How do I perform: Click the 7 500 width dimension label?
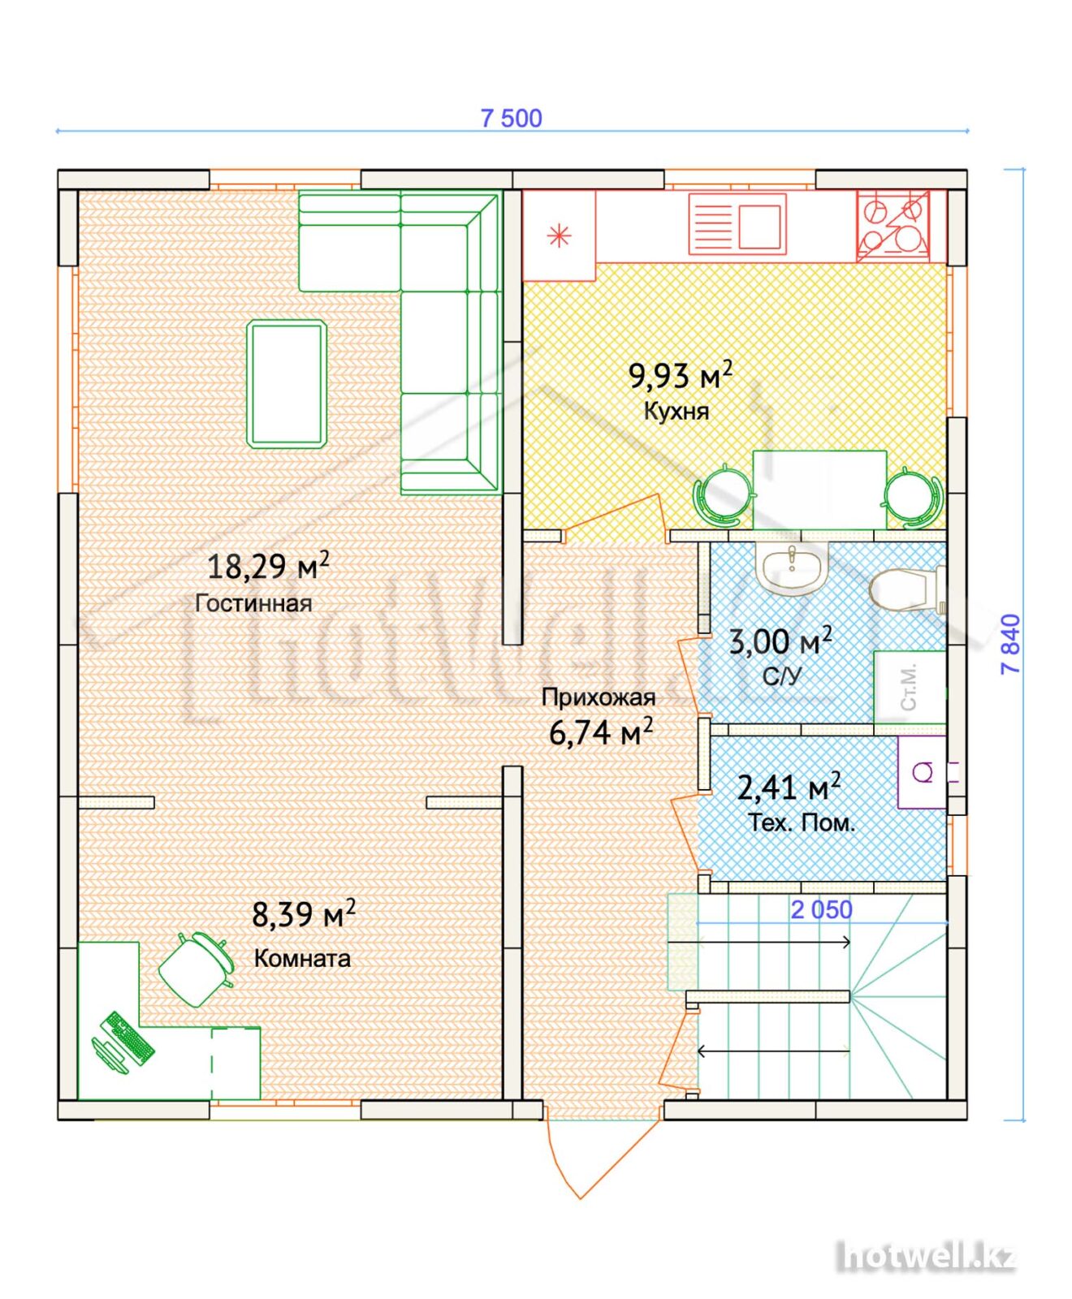(511, 119)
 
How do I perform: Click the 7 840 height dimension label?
(1011, 644)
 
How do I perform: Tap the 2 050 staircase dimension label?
(822, 910)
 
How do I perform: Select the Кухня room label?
(676, 411)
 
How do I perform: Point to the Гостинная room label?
(253, 603)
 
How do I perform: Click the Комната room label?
(302, 958)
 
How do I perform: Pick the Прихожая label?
(599, 697)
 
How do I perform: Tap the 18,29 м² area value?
(268, 565)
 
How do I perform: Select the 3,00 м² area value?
(780, 641)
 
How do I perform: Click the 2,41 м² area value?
(789, 786)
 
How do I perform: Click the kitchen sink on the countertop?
(737, 224)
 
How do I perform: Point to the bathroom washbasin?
(792, 568)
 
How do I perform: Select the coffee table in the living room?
(287, 384)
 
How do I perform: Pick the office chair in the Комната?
(196, 969)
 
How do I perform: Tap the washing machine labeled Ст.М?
(910, 687)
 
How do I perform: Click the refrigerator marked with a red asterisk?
(559, 235)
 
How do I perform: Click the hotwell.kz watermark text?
(927, 1257)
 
